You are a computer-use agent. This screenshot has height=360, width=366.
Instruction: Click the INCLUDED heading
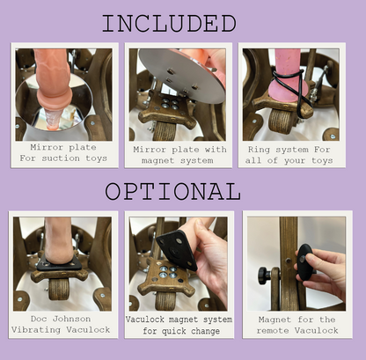coord(168,23)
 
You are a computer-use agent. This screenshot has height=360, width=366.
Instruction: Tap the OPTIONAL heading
coord(172,191)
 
